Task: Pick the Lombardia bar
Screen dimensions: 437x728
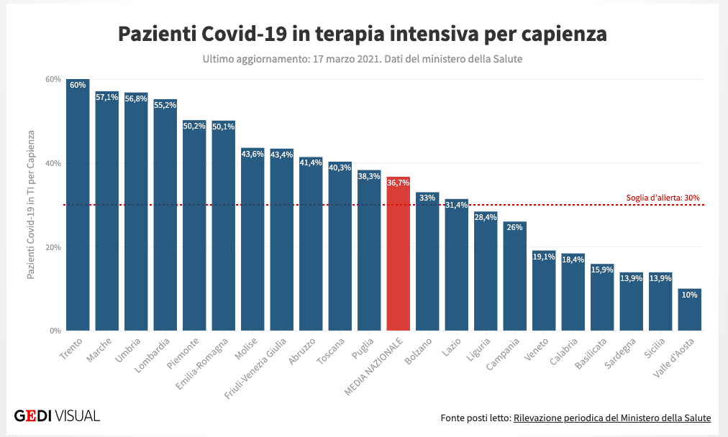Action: [x=165, y=215]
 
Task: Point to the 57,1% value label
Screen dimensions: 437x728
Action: [x=107, y=96]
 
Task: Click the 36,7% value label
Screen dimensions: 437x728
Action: [x=398, y=183]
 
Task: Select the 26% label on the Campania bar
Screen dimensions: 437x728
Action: [x=514, y=227]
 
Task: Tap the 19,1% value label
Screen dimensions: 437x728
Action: [x=544, y=256]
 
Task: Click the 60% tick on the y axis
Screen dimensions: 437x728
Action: [x=53, y=79]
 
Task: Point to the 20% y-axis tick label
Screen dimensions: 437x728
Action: [x=53, y=247]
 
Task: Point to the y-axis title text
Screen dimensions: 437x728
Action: [x=31, y=205]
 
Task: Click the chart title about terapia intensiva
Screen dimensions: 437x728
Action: [x=363, y=34]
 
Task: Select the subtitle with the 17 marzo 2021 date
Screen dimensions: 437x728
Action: [x=363, y=59]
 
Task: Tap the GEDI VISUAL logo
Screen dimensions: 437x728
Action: [x=57, y=415]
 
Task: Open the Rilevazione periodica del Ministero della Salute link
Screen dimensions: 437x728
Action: [x=612, y=418]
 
